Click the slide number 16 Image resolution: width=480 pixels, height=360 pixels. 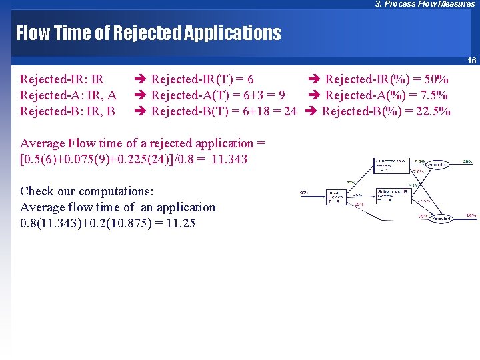pos(471,61)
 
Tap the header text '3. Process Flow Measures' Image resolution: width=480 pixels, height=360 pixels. pos(425,4)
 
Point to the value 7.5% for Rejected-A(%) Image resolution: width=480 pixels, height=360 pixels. pos(431,95)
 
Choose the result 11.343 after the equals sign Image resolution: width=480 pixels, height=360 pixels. pos(229,159)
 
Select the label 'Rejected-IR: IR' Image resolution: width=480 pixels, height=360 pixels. pos(62,79)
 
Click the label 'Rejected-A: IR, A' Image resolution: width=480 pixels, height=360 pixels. pos(69,95)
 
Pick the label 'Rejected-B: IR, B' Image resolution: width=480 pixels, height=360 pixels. pos(67,111)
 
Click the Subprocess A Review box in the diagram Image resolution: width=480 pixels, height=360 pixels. pos(391,165)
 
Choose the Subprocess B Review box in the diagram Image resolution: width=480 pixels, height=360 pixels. pos(393,195)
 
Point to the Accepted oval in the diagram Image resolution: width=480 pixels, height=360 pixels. pos(437,164)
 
